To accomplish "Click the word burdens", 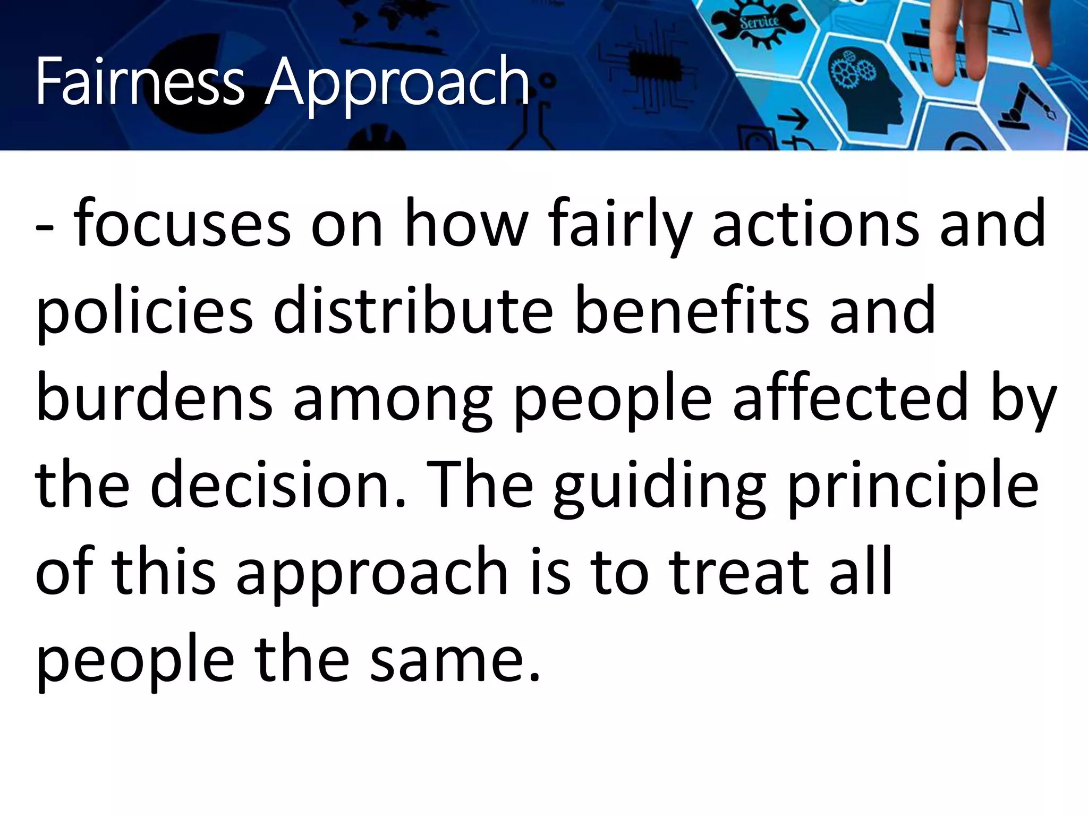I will pyautogui.click(x=154, y=398).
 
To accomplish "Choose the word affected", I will pyautogui.click(x=851, y=398).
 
